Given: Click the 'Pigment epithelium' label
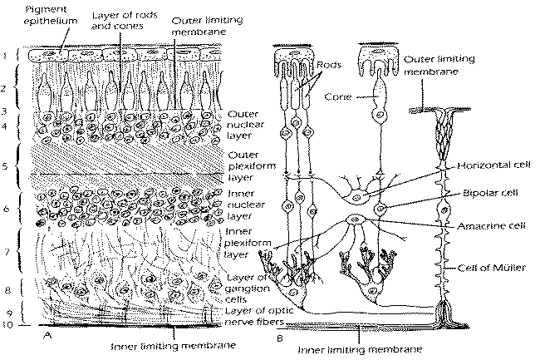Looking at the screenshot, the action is coord(51,15).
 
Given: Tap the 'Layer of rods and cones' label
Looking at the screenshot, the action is coord(125,20).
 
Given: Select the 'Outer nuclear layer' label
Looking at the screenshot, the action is coord(245,125).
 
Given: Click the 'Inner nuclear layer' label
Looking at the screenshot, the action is coord(246,205).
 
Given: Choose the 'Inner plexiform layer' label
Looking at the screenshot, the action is coord(248,243).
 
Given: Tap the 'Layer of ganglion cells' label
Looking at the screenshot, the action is coord(248,288).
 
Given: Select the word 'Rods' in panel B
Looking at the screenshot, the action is coord(329,64).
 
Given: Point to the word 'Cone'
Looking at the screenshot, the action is coord(338,96).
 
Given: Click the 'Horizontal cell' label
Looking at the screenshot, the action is coord(493,165).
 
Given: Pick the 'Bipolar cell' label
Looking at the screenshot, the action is coord(490,193).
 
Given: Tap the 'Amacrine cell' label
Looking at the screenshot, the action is coord(492,226).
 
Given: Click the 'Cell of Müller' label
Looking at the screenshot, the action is coord(492,268).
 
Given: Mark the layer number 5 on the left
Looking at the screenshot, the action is coord(5,166).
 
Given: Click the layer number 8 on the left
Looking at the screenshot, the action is coord(7,290).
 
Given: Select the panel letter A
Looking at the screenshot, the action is coord(47,335).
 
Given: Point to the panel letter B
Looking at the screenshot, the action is coord(280,338).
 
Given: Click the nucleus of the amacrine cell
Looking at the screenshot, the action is coord(354,219).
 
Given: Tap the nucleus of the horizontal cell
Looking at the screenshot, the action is coord(357,198).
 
